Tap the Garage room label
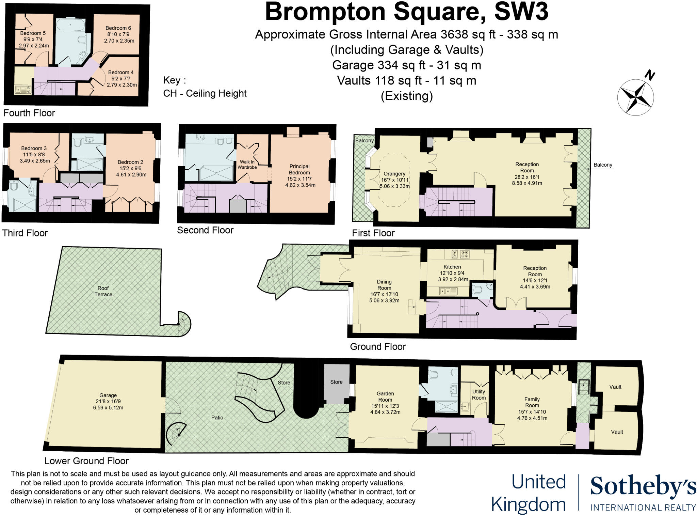click(x=108, y=395)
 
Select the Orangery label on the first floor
click(x=394, y=174)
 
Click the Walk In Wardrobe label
click(x=247, y=165)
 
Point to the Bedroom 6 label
click(x=118, y=28)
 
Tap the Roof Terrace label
click(x=103, y=291)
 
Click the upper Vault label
click(x=615, y=387)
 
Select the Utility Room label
click(x=479, y=395)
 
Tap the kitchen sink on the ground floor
click(x=449, y=291)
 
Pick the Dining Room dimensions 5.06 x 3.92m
click(x=384, y=300)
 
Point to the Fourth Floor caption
click(x=29, y=113)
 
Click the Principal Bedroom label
click(x=299, y=169)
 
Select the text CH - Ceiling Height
click(x=205, y=93)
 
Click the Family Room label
click(x=532, y=402)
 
